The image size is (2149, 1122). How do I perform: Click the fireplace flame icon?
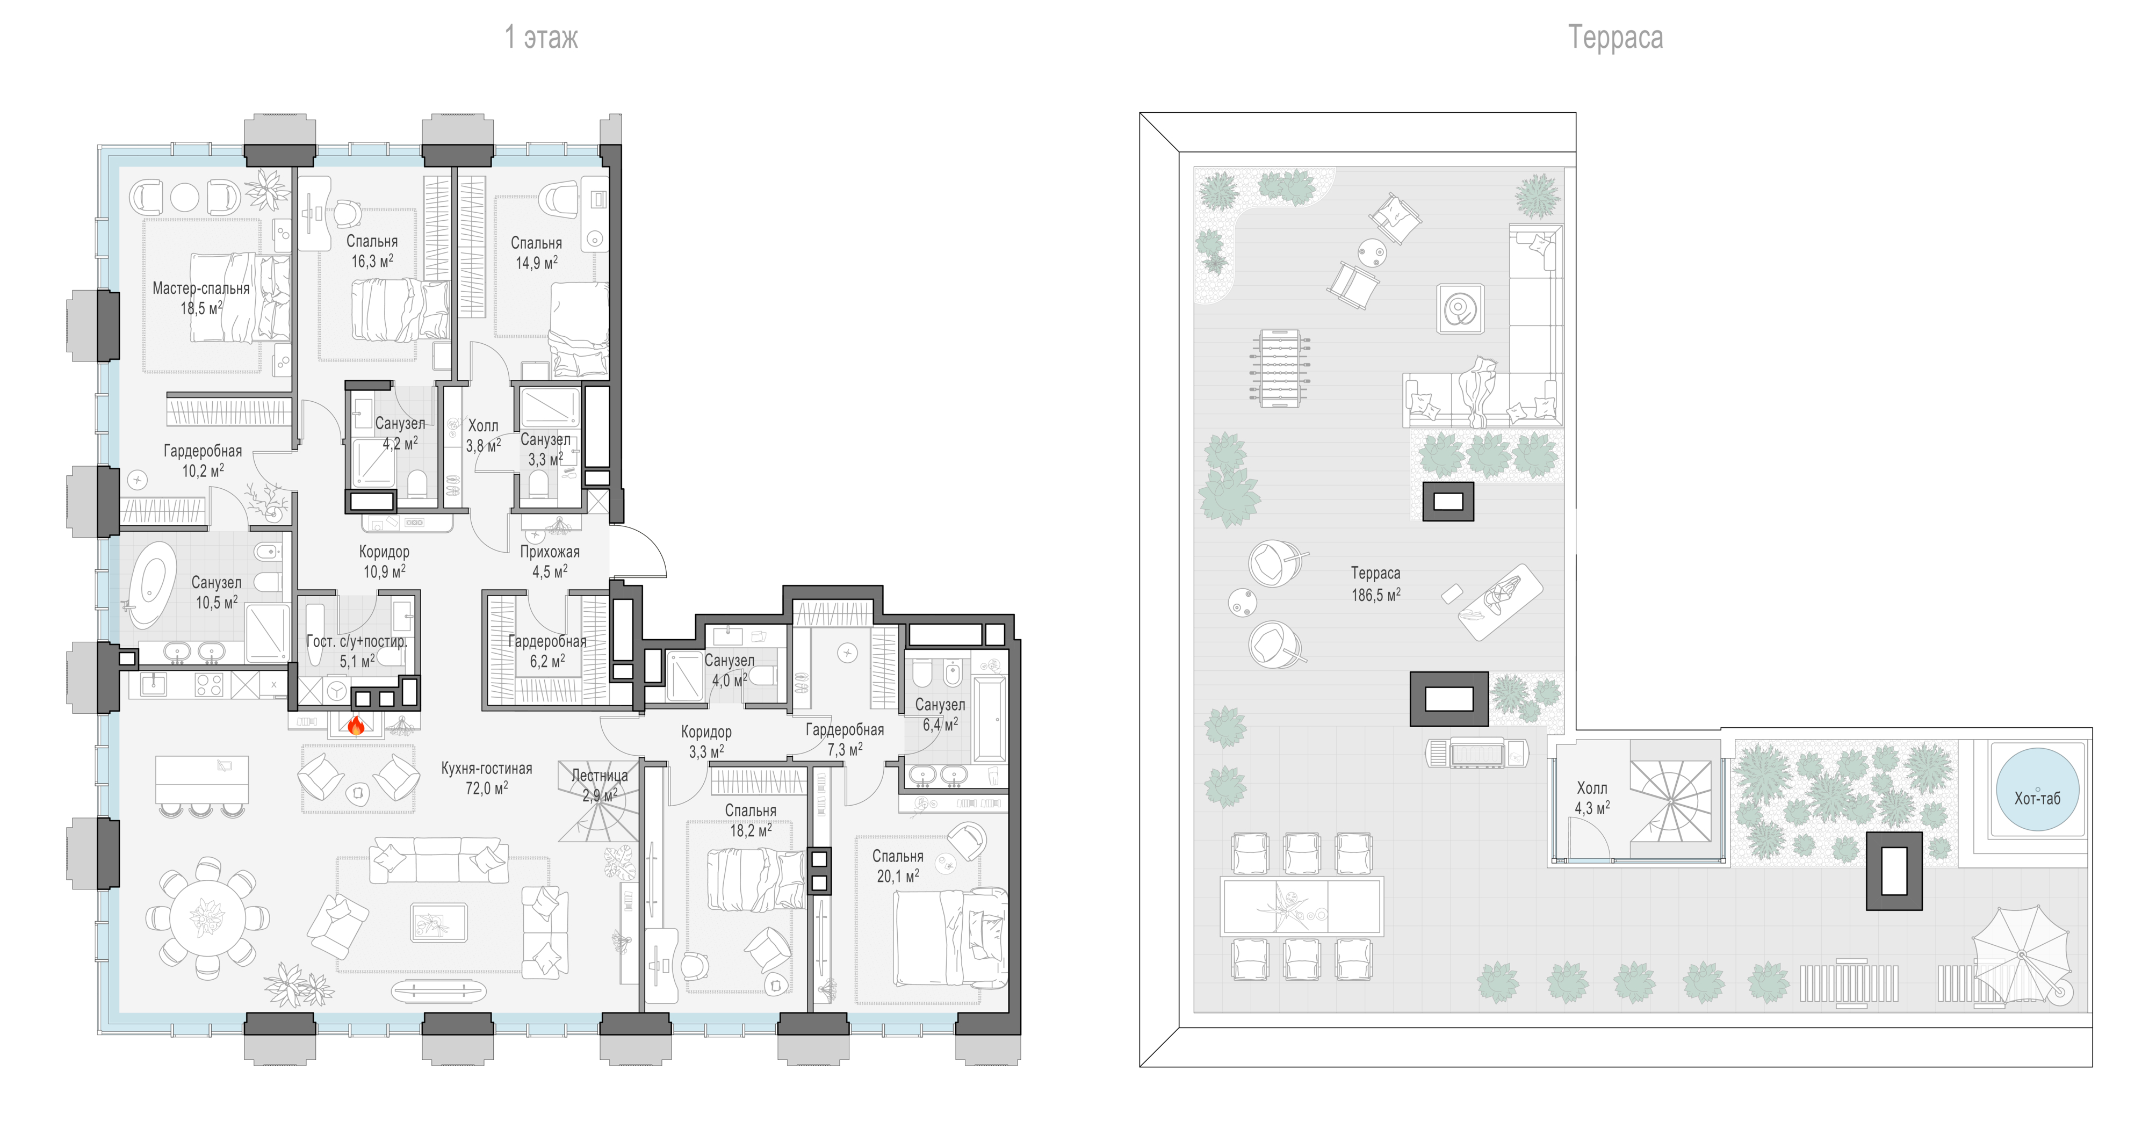(356, 725)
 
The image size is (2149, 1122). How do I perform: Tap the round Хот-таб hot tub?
(2037, 789)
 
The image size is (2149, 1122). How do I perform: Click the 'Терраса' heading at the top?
(1615, 38)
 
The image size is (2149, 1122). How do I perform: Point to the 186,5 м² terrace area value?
(1376, 594)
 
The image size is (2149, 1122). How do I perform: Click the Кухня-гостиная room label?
(486, 768)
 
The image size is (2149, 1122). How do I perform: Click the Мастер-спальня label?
(201, 288)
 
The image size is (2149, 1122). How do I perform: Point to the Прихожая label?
(550, 552)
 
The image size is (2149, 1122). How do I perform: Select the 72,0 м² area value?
(486, 787)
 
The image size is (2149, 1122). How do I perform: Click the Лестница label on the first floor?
(600, 775)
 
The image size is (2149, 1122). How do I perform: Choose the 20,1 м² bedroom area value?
(898, 876)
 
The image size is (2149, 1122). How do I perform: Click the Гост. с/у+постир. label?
(357, 641)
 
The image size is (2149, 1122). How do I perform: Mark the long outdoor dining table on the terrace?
(1301, 906)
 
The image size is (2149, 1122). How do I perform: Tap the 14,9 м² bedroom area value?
(536, 263)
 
